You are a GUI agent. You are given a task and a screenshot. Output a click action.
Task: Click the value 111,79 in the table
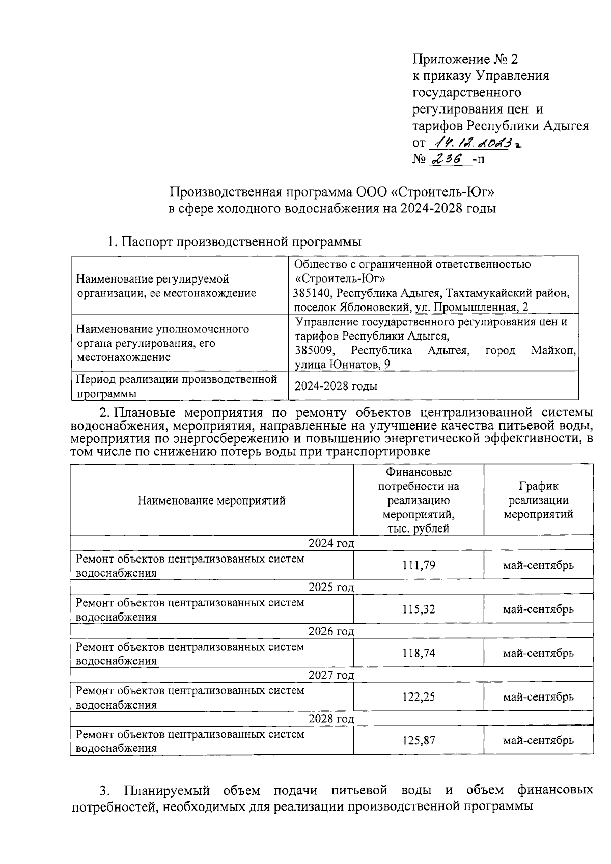419,565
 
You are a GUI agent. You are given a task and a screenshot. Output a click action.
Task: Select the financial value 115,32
419,609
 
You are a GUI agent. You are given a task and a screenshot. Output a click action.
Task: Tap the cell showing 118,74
419,653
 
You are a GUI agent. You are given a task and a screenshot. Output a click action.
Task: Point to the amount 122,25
419,696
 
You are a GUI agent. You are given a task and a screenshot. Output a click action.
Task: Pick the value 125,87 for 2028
419,740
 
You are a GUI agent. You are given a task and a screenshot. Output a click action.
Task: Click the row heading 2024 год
331,543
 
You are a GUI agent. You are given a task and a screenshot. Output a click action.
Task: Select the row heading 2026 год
331,631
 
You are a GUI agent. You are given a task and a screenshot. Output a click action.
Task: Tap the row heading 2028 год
331,719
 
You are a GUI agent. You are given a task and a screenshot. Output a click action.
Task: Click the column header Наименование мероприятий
211,500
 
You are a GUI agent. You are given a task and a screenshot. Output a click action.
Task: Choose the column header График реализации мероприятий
538,500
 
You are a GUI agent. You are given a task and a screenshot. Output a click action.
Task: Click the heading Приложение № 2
464,60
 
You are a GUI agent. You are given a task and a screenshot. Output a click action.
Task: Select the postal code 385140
312,293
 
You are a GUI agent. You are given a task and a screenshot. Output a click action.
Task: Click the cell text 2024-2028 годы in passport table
336,386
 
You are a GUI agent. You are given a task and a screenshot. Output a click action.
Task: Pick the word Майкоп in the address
553,351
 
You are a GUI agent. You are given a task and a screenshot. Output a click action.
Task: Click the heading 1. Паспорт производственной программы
234,242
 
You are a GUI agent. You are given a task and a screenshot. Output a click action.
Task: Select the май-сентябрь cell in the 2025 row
538,609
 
